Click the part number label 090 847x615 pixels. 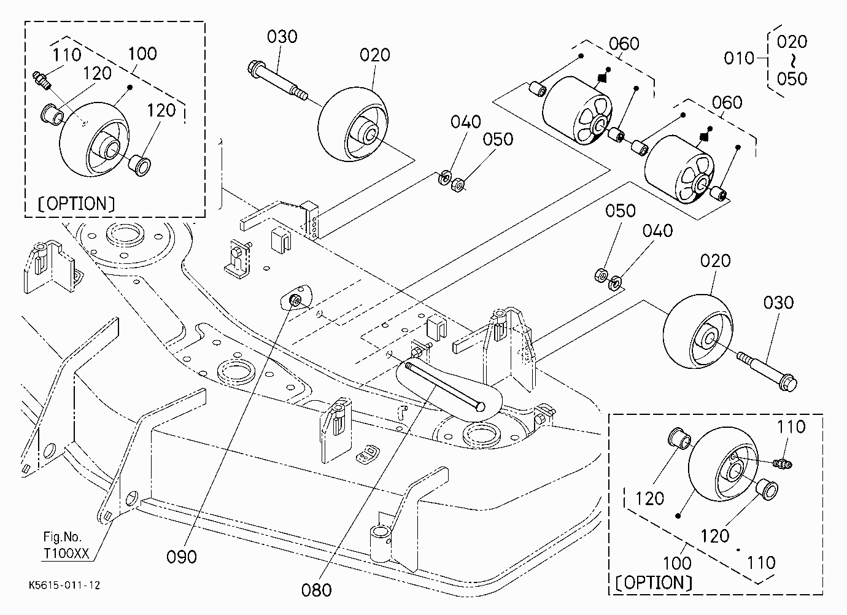coord(182,557)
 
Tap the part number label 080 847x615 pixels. coord(317,590)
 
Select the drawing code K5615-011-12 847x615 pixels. coord(64,586)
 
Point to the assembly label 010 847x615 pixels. coord(739,58)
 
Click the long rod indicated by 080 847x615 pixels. coord(444,387)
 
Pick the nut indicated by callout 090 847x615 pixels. coord(294,300)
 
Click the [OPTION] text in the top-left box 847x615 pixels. coord(76,204)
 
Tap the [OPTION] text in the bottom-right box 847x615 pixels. coord(654,582)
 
